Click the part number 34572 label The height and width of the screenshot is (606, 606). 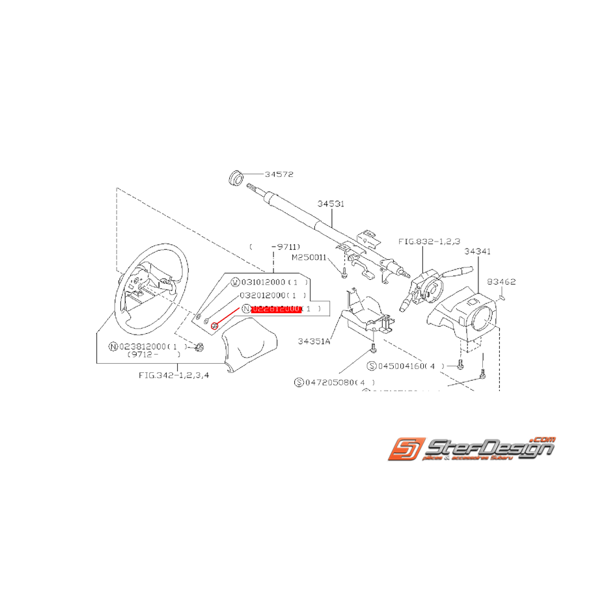(x=280, y=174)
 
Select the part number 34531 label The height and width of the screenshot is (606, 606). (x=331, y=204)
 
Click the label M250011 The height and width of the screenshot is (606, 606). (x=309, y=257)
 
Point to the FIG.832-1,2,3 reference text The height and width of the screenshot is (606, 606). (x=422, y=241)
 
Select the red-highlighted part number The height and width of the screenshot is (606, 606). (x=275, y=309)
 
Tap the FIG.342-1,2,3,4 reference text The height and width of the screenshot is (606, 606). (x=174, y=375)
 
